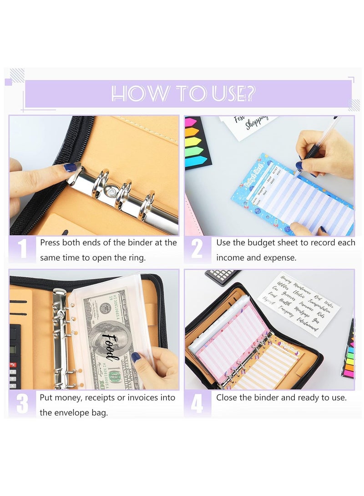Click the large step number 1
22,250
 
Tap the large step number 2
197,250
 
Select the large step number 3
22,404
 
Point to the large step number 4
197,403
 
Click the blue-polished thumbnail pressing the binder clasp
71,168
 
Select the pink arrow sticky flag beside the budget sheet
191,123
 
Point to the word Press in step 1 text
50,243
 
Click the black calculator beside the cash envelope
15,355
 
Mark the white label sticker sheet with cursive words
299,302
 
